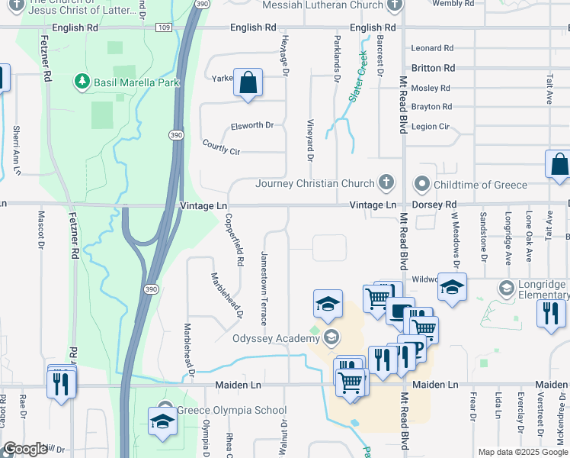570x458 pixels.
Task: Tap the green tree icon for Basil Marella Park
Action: [81, 80]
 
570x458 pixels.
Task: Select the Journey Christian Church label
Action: [315, 183]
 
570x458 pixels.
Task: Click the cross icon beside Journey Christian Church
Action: [387, 182]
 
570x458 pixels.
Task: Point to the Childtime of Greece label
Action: [480, 185]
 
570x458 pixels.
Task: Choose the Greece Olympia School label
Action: [232, 410]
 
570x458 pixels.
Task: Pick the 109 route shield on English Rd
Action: [163, 27]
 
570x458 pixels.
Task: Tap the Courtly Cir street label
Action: [221, 147]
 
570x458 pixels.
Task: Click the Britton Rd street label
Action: [433, 68]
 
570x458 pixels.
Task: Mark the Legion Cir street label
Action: [431, 126]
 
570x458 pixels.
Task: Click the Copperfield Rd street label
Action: [233, 239]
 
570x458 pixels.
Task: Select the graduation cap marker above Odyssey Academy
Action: [328, 303]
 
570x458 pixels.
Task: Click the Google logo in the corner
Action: [25, 449]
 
